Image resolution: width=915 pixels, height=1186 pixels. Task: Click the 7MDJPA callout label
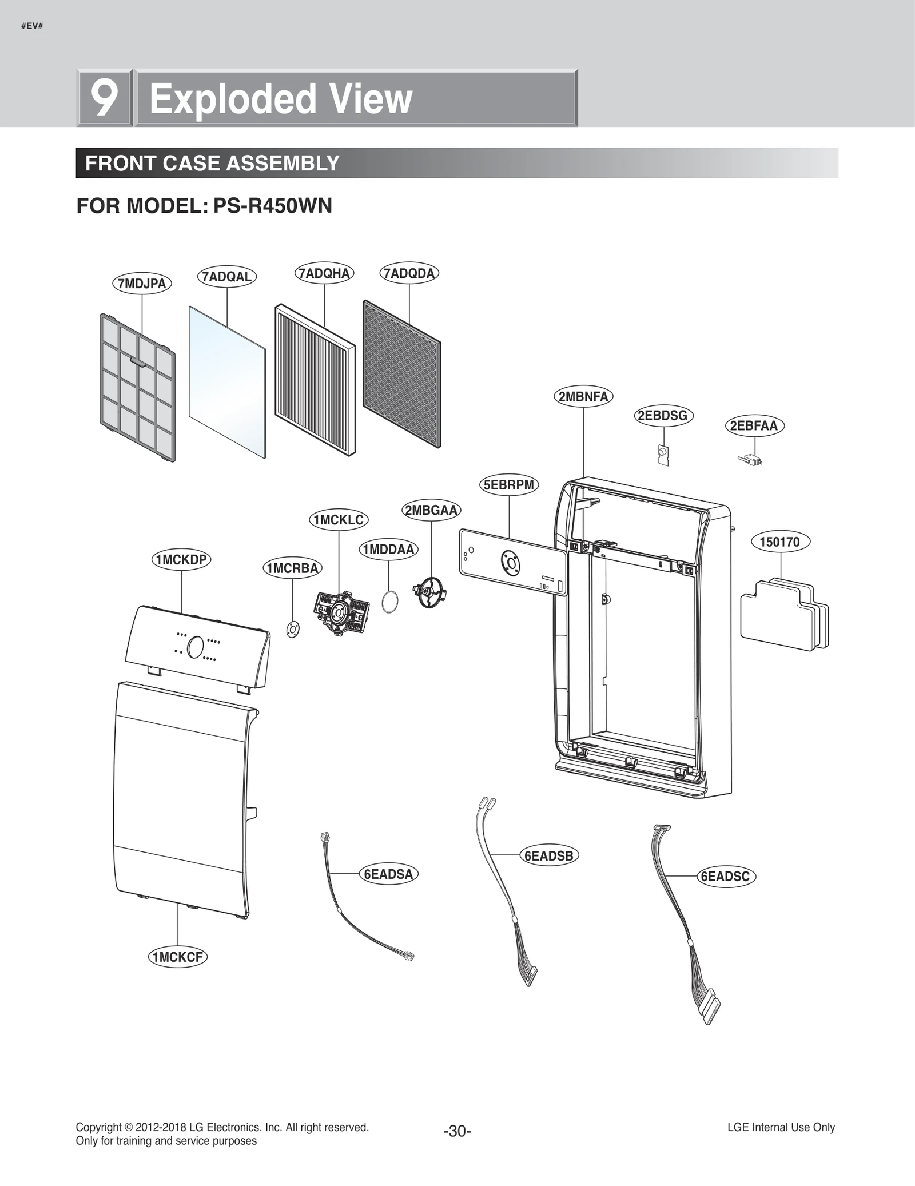pos(142,284)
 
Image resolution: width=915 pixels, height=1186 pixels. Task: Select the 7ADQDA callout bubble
pos(409,273)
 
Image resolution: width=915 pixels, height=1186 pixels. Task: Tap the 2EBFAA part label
pos(754,426)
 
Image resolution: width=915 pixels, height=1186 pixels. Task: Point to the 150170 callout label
pos(779,542)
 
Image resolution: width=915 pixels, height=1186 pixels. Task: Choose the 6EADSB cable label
pos(548,856)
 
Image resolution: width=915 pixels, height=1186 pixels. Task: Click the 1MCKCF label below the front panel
pos(177,957)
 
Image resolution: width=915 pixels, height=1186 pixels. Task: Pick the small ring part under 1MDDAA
pos(389,602)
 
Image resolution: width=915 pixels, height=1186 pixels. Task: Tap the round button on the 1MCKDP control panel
pos(194,647)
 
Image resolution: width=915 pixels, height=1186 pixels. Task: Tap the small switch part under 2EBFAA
pos(751,459)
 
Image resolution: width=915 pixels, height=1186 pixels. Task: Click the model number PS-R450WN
pos(272,206)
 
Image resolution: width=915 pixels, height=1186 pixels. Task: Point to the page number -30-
pos(457,1131)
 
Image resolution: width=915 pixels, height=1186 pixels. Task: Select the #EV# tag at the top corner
pos(32,26)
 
